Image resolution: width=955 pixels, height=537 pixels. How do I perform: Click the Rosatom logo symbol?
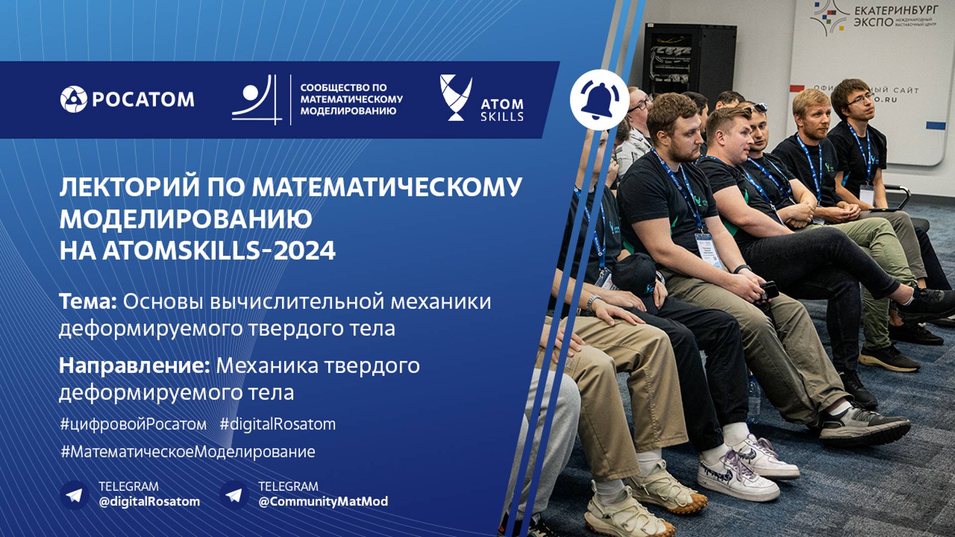click(x=74, y=99)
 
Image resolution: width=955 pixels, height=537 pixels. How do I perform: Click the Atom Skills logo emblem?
click(x=455, y=97)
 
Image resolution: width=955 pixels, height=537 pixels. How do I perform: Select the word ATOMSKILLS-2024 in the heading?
click(x=219, y=250)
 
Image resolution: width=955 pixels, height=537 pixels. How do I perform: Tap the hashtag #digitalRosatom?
click(x=278, y=424)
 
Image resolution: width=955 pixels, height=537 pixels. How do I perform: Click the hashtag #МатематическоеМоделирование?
click(x=188, y=451)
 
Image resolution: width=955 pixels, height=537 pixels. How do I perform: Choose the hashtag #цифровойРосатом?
click(x=133, y=424)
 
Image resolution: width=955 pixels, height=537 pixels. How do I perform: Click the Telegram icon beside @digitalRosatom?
click(x=75, y=495)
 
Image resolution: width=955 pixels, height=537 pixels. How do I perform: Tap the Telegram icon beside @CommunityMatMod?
click(x=234, y=495)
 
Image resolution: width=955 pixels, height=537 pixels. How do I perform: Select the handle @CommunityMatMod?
click(x=323, y=501)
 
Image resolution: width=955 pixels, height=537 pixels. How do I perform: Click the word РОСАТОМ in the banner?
click(x=143, y=99)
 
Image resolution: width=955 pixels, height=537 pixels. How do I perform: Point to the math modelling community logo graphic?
click(x=254, y=99)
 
